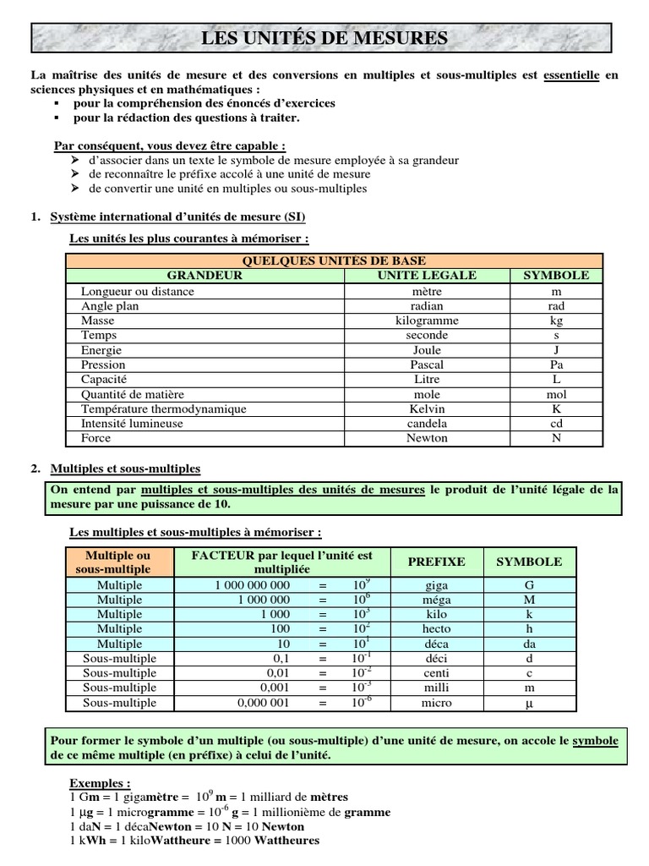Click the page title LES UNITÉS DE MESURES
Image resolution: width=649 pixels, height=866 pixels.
point(324,38)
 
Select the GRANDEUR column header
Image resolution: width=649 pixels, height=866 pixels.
point(204,276)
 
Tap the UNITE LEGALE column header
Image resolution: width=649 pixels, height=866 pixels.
point(427,276)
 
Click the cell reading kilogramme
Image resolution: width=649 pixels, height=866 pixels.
point(427,321)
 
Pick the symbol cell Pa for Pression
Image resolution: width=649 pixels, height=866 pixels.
point(556,364)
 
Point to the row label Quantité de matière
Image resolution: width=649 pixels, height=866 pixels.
point(133,394)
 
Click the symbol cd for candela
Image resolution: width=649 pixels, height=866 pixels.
point(556,424)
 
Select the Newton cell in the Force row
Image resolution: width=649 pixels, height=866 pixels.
point(427,438)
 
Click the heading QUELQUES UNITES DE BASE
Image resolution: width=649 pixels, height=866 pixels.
point(334,260)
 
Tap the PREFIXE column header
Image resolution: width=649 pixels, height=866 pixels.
point(436,562)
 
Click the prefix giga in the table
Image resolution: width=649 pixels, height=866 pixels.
point(436,584)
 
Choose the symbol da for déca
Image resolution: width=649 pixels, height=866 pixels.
point(529,644)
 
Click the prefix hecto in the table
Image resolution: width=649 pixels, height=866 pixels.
point(436,629)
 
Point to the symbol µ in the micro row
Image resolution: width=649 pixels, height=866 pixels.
point(529,704)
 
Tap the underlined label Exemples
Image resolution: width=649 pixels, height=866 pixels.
point(100,783)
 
